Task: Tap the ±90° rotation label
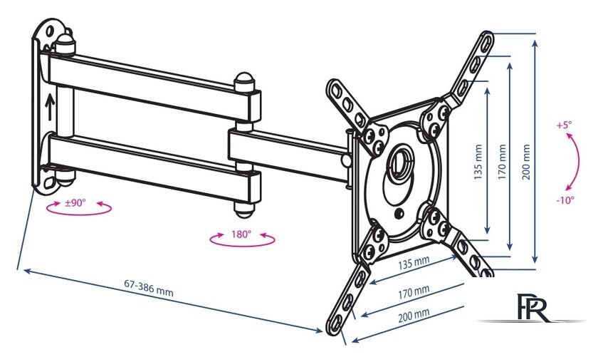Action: coord(75,202)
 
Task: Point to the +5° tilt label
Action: coord(565,125)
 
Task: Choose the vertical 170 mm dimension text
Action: coord(503,162)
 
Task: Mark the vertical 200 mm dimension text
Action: coord(526,162)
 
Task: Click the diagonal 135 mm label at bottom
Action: coord(414,265)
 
